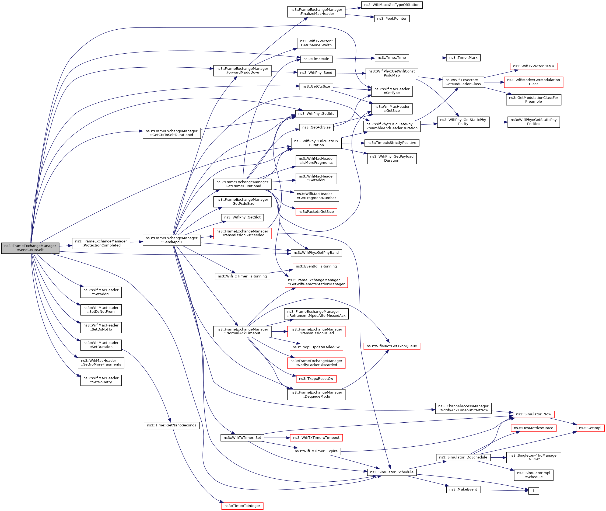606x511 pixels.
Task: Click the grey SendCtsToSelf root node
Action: click(30, 248)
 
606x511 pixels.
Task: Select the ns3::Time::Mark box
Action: click(463, 58)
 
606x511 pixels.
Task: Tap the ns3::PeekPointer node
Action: click(391, 19)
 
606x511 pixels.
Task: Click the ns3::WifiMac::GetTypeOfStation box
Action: click(391, 5)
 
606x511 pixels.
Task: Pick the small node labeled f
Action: click(533, 491)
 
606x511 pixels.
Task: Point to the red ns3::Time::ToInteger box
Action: click(242, 506)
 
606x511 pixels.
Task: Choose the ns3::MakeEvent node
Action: click(463, 489)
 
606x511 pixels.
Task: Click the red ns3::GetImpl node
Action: click(590, 428)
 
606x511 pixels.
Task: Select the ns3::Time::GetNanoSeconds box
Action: click(171, 425)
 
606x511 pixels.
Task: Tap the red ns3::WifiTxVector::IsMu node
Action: click(533, 66)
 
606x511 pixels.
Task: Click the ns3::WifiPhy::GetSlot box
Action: click(242, 217)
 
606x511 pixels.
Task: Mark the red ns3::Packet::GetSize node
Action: click(316, 212)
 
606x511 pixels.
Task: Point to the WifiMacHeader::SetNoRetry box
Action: click(101, 380)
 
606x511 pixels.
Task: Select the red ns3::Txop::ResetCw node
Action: click(316, 379)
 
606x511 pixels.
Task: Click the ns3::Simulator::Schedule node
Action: click(391, 472)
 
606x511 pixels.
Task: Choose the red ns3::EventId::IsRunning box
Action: click(316, 266)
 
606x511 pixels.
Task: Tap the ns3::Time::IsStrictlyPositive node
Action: click(391, 143)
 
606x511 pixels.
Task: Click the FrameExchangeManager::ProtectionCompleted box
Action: click(101, 243)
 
